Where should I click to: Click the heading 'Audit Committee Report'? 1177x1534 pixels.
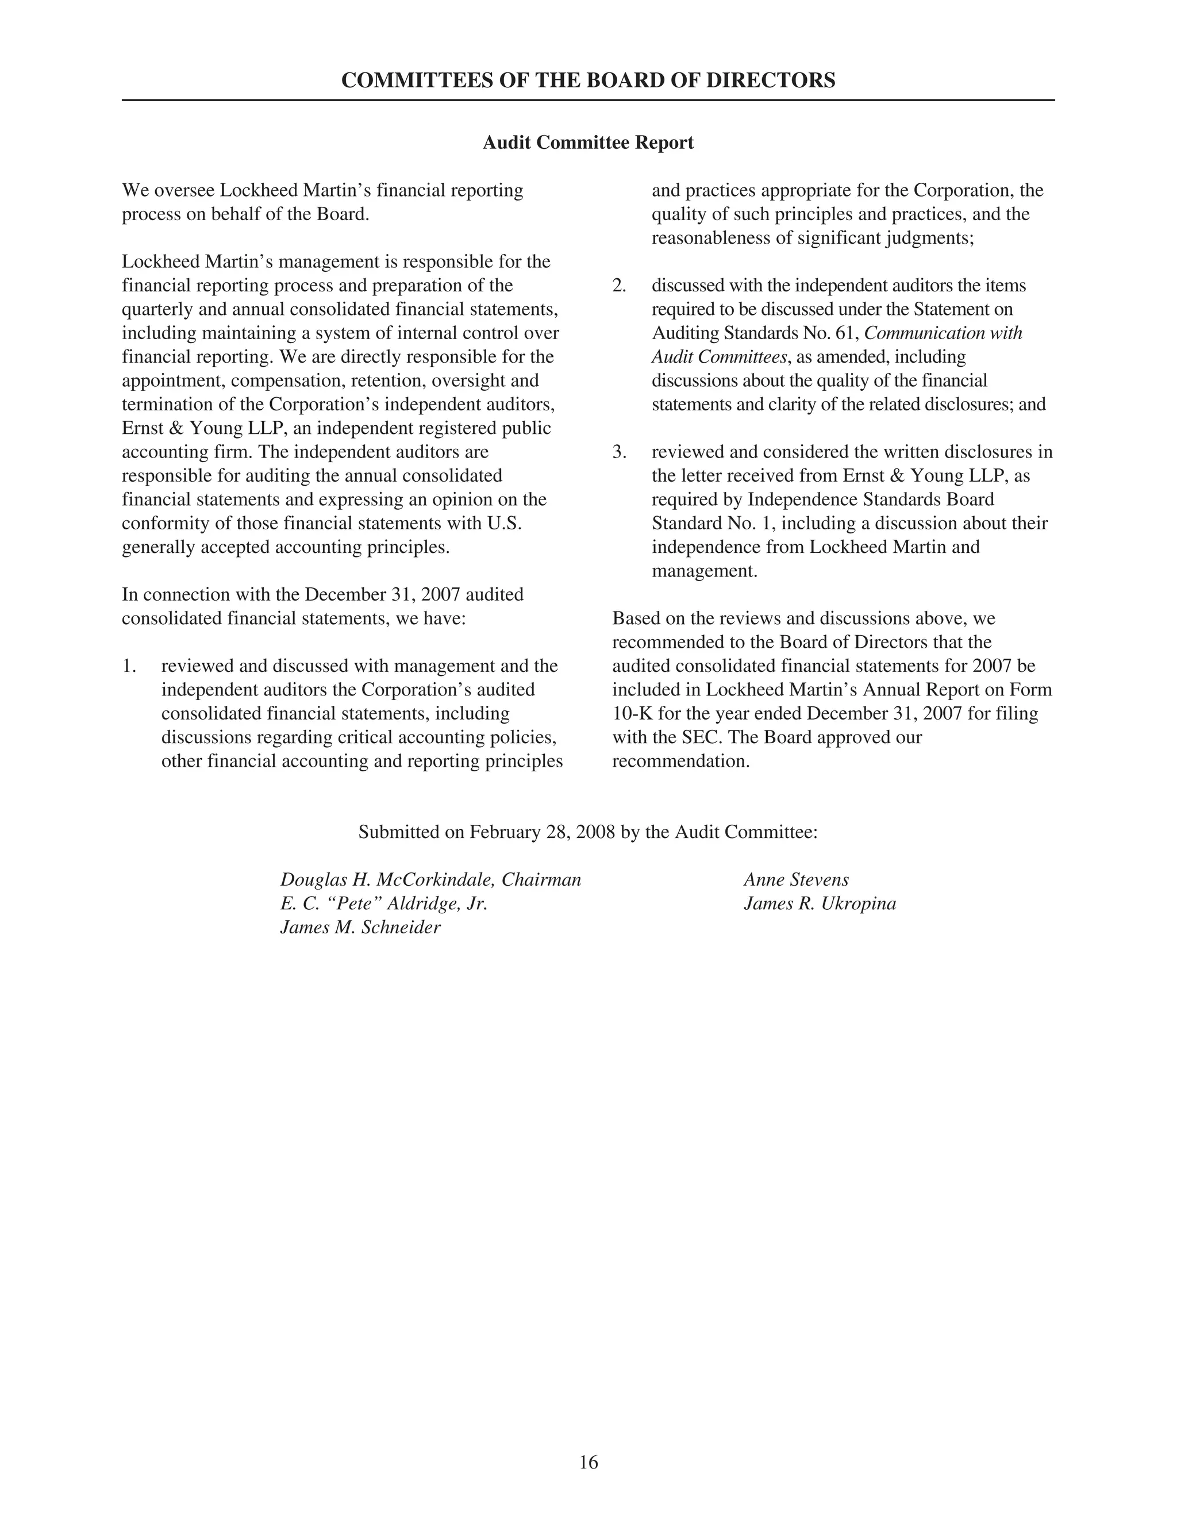click(588, 143)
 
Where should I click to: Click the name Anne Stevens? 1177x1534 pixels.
click(796, 880)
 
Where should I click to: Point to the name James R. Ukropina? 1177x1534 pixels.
click(820, 904)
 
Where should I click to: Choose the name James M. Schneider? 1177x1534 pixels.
click(360, 928)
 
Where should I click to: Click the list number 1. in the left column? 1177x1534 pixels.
click(130, 666)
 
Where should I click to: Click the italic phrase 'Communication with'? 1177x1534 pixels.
click(943, 333)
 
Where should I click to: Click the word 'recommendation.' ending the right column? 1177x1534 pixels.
click(681, 762)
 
